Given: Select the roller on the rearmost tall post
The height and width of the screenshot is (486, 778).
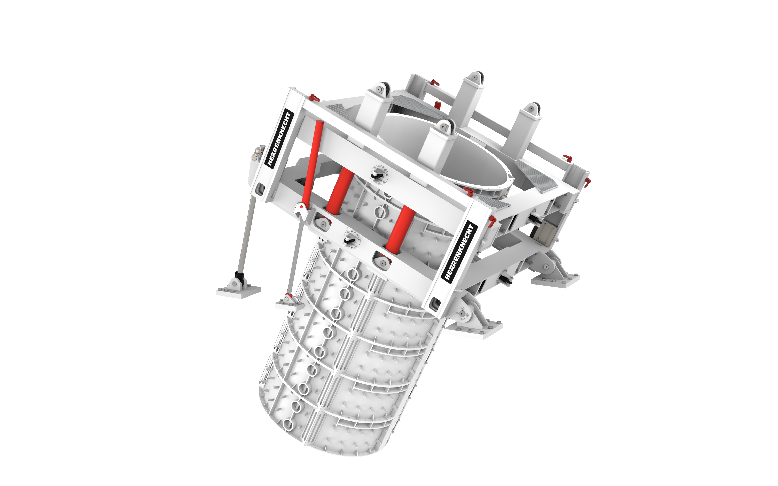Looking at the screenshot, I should click(x=476, y=76).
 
